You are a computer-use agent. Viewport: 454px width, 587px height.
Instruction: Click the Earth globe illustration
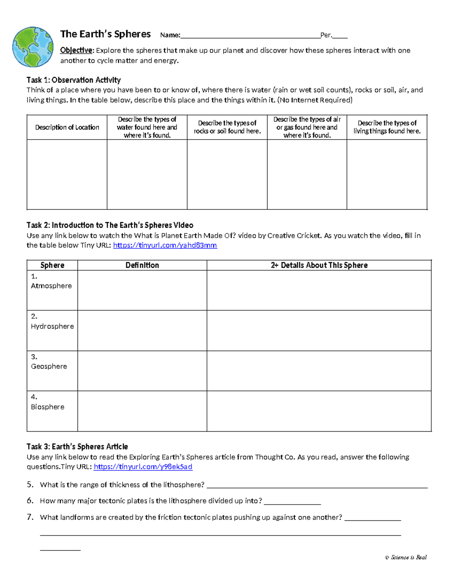[33, 47]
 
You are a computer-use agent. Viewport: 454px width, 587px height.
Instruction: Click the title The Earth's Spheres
[105, 34]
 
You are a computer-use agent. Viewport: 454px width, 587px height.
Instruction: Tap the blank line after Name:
[250, 36]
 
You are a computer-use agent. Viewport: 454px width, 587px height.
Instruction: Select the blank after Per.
[340, 36]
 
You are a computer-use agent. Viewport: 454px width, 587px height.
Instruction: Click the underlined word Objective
[76, 50]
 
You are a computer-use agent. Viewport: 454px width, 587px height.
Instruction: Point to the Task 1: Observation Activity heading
[73, 80]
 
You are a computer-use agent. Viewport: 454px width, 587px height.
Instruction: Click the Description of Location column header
[67, 127]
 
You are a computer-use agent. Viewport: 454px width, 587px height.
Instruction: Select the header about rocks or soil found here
[227, 127]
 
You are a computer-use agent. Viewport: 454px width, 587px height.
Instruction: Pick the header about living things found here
[387, 127]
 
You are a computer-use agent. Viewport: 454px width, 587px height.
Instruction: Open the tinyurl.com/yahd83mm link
[165, 245]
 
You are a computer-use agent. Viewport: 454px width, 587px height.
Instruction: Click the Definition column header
[142, 265]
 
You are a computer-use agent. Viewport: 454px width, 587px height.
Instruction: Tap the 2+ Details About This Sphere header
[319, 265]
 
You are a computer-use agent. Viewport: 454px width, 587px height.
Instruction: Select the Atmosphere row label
[51, 286]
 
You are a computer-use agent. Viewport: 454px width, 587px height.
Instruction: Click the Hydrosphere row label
[52, 326]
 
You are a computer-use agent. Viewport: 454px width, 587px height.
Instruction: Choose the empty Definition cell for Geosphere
[142, 371]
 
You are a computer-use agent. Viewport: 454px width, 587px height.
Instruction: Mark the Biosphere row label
[48, 407]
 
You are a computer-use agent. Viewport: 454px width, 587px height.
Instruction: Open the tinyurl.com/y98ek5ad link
[143, 467]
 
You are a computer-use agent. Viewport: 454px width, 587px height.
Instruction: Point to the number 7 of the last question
[30, 517]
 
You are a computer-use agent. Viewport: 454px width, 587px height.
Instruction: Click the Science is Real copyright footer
[406, 557]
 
